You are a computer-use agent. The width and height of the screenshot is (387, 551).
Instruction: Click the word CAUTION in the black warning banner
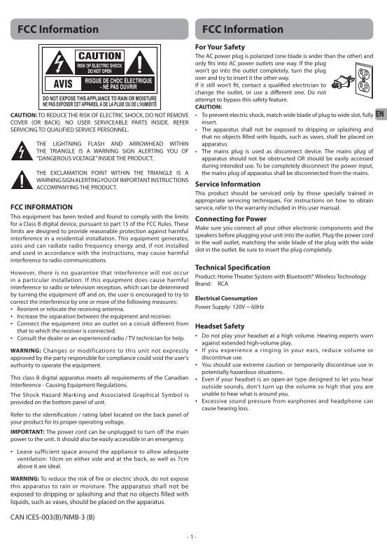pos(99,55)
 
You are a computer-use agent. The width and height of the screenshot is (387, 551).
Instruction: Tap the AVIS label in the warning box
pos(59,83)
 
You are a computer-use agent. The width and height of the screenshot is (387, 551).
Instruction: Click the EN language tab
pos(380,115)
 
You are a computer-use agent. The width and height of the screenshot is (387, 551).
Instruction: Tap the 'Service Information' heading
pos(227,184)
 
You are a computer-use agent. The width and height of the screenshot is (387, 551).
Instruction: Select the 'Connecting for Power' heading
pos(230,218)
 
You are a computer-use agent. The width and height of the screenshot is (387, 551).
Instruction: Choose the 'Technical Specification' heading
pos(232,267)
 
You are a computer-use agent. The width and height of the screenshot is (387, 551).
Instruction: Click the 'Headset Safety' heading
pos(220,326)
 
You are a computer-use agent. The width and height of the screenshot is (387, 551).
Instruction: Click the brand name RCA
pos(223,284)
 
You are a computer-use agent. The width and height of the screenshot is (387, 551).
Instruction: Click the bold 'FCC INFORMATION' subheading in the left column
pos(42,207)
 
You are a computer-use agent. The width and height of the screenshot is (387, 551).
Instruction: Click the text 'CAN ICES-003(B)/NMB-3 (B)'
pos(52,517)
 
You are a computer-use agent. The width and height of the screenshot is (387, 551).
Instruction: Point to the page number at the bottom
pos(192,536)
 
